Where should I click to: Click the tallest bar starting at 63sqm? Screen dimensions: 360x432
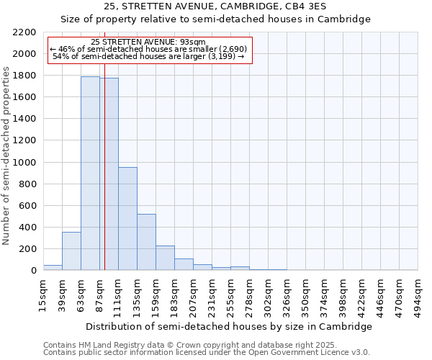click(x=90, y=173)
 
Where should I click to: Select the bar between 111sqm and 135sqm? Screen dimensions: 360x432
click(x=127, y=218)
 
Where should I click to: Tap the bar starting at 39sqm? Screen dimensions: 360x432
click(x=71, y=251)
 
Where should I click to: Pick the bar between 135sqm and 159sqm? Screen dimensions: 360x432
click(x=146, y=242)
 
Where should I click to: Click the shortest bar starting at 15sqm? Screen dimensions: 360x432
click(x=53, y=267)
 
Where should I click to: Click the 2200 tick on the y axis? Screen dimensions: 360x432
click(x=26, y=32)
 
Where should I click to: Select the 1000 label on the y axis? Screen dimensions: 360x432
click(x=26, y=163)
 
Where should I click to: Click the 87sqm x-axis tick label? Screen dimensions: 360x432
click(x=99, y=294)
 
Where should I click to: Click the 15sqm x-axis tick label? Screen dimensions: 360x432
click(x=43, y=294)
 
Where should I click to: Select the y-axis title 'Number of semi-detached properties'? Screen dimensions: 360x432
click(x=6, y=155)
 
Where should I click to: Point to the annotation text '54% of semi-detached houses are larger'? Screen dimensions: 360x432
click(x=150, y=56)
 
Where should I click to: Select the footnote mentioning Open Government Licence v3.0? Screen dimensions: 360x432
click(x=207, y=353)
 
